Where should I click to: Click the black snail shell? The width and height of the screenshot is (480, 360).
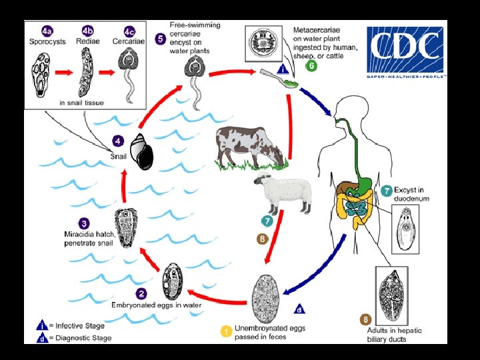pos(141,152)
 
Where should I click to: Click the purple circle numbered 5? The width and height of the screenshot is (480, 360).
pos(160,39)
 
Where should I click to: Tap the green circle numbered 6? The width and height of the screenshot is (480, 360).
pos(311,65)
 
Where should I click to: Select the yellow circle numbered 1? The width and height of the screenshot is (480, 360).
pos(227,329)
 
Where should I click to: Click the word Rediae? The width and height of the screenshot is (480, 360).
pos(87,41)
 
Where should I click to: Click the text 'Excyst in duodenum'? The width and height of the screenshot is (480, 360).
pos(412,194)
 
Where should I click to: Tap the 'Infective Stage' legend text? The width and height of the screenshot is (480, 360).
pos(79,326)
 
